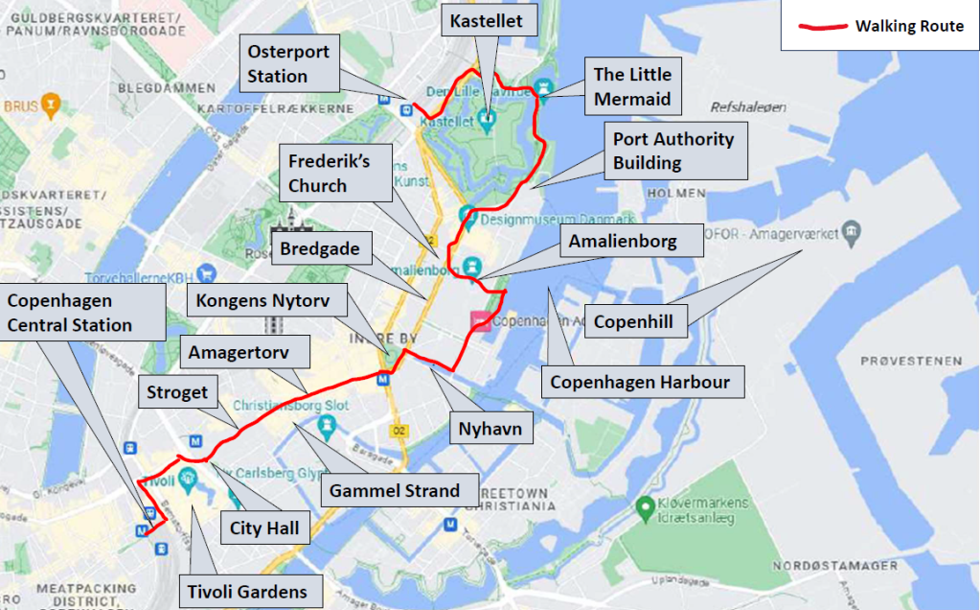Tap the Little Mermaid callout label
point(632,86)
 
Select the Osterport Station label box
point(288,64)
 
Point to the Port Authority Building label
point(673,151)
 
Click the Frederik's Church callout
point(329,173)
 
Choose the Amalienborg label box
point(623,242)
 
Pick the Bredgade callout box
point(320,250)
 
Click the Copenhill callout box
point(635,321)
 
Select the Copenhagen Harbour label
point(640,383)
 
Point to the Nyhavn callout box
point(490,428)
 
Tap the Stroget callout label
point(175,392)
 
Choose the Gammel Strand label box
point(395,491)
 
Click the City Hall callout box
point(264,528)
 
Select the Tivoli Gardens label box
point(247,591)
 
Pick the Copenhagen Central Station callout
point(70,313)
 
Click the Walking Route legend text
point(909,26)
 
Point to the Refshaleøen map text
point(747,107)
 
